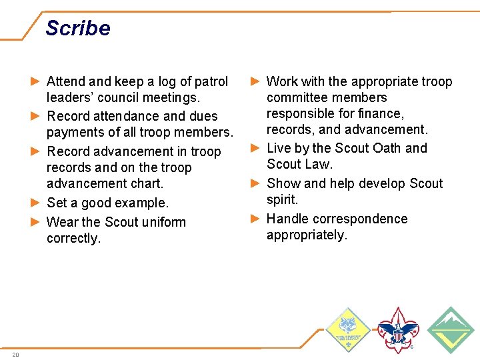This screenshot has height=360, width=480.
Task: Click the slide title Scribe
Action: pyautogui.click(x=77, y=28)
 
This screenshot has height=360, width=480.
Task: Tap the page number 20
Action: pyautogui.click(x=15, y=354)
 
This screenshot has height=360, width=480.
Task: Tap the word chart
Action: pyautogui.click(x=148, y=183)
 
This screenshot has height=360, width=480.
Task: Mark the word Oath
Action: pyautogui.click(x=385, y=148)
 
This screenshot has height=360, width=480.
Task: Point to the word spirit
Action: pyautogui.click(x=282, y=199)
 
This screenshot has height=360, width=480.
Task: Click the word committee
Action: pyautogui.click(x=297, y=98)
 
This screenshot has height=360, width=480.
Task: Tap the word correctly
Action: pyautogui.click(x=73, y=238)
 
